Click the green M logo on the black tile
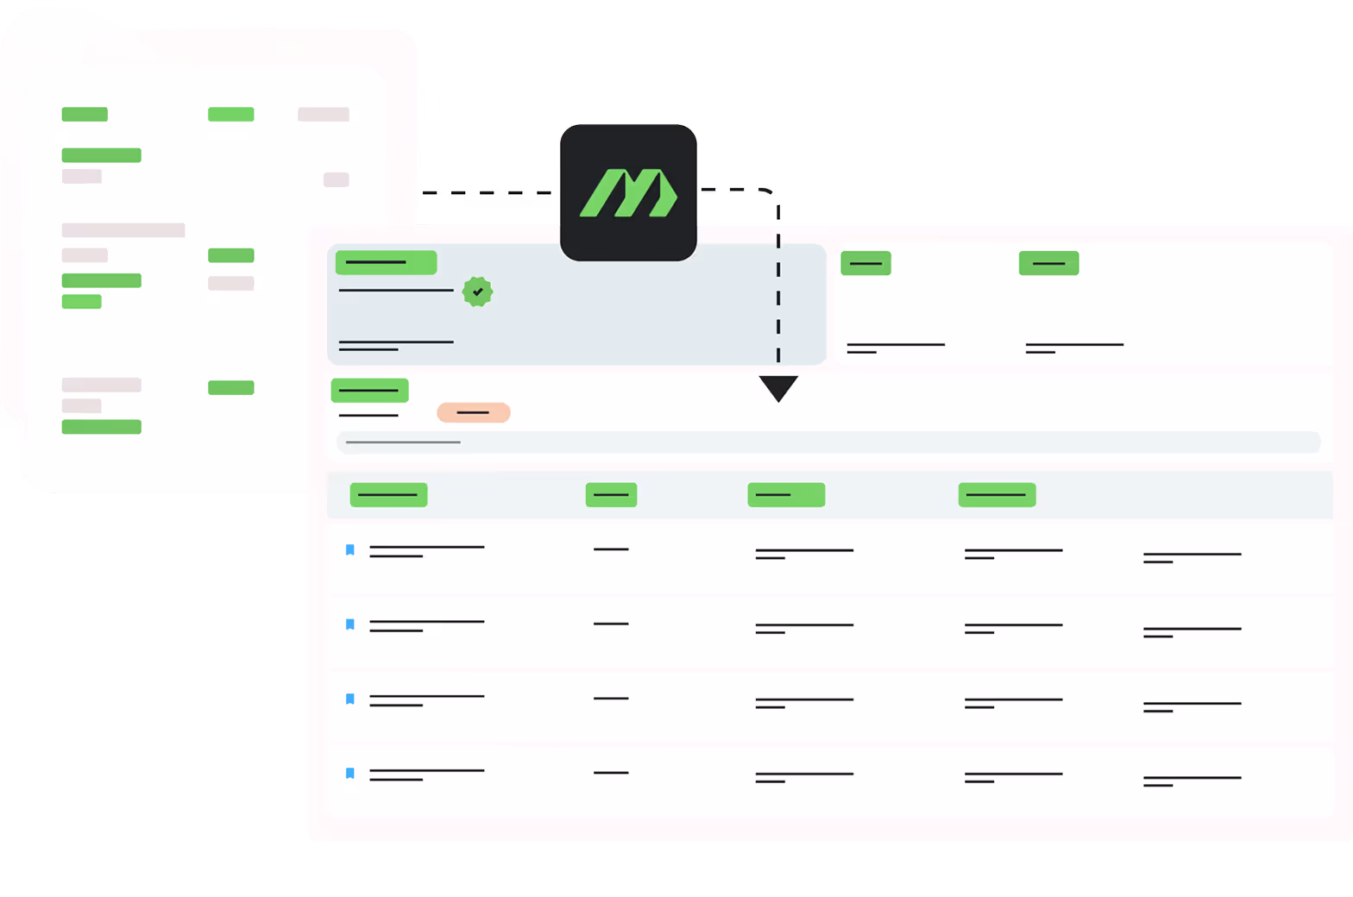click(x=628, y=193)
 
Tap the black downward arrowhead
click(x=778, y=387)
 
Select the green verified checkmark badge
click(x=477, y=292)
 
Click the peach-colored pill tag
click(x=474, y=412)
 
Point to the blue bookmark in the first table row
click(x=350, y=549)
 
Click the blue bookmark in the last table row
click(x=350, y=773)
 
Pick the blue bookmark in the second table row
click(x=350, y=624)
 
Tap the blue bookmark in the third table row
click(x=350, y=699)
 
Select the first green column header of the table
click(x=388, y=494)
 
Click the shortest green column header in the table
click(x=611, y=494)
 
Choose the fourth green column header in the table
click(x=997, y=494)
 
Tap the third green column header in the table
click(x=786, y=494)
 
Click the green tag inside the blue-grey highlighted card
click(x=386, y=262)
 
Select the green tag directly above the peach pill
click(x=369, y=390)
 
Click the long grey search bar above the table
click(x=828, y=442)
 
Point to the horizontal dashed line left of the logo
click(x=488, y=192)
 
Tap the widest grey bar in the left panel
click(x=123, y=230)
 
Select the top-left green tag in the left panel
click(x=85, y=114)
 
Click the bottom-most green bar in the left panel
click(x=101, y=426)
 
